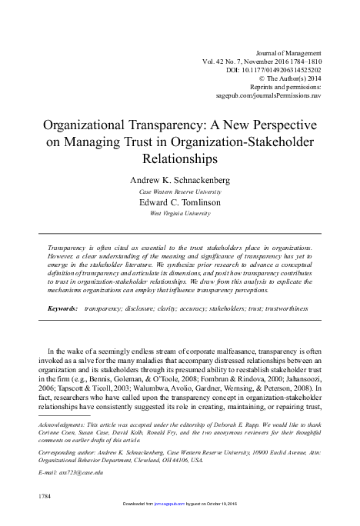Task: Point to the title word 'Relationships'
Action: click(180, 158)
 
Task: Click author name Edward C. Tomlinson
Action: click(180, 202)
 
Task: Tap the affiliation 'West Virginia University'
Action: click(180, 214)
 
